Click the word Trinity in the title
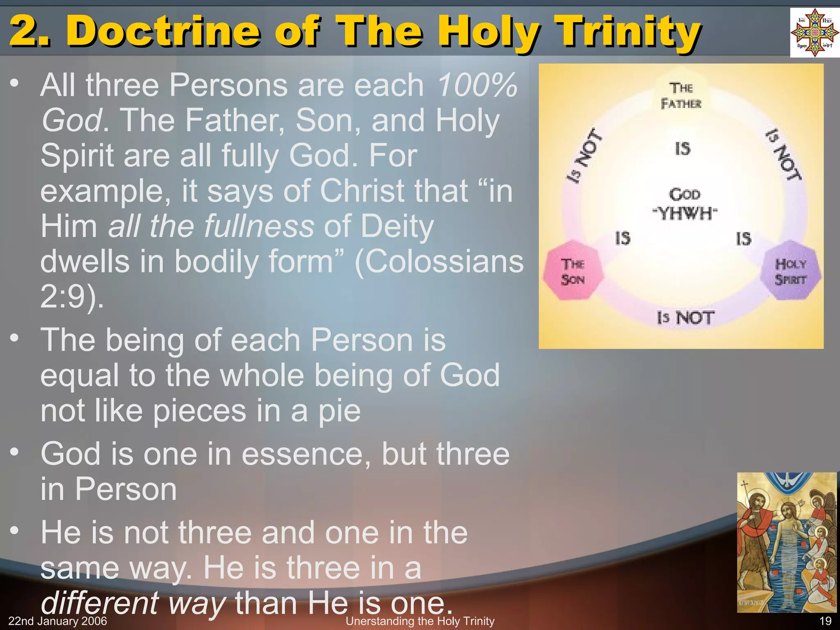(x=630, y=31)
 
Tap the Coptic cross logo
(x=815, y=32)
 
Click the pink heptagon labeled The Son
(x=573, y=272)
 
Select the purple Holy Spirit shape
(x=790, y=271)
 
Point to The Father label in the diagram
(x=681, y=96)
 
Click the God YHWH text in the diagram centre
(x=685, y=204)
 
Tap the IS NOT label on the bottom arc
(x=685, y=318)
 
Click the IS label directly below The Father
(x=683, y=148)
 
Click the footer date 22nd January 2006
(x=57, y=621)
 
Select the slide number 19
(x=825, y=621)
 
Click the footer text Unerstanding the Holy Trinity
(x=420, y=621)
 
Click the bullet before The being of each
(x=15, y=339)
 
